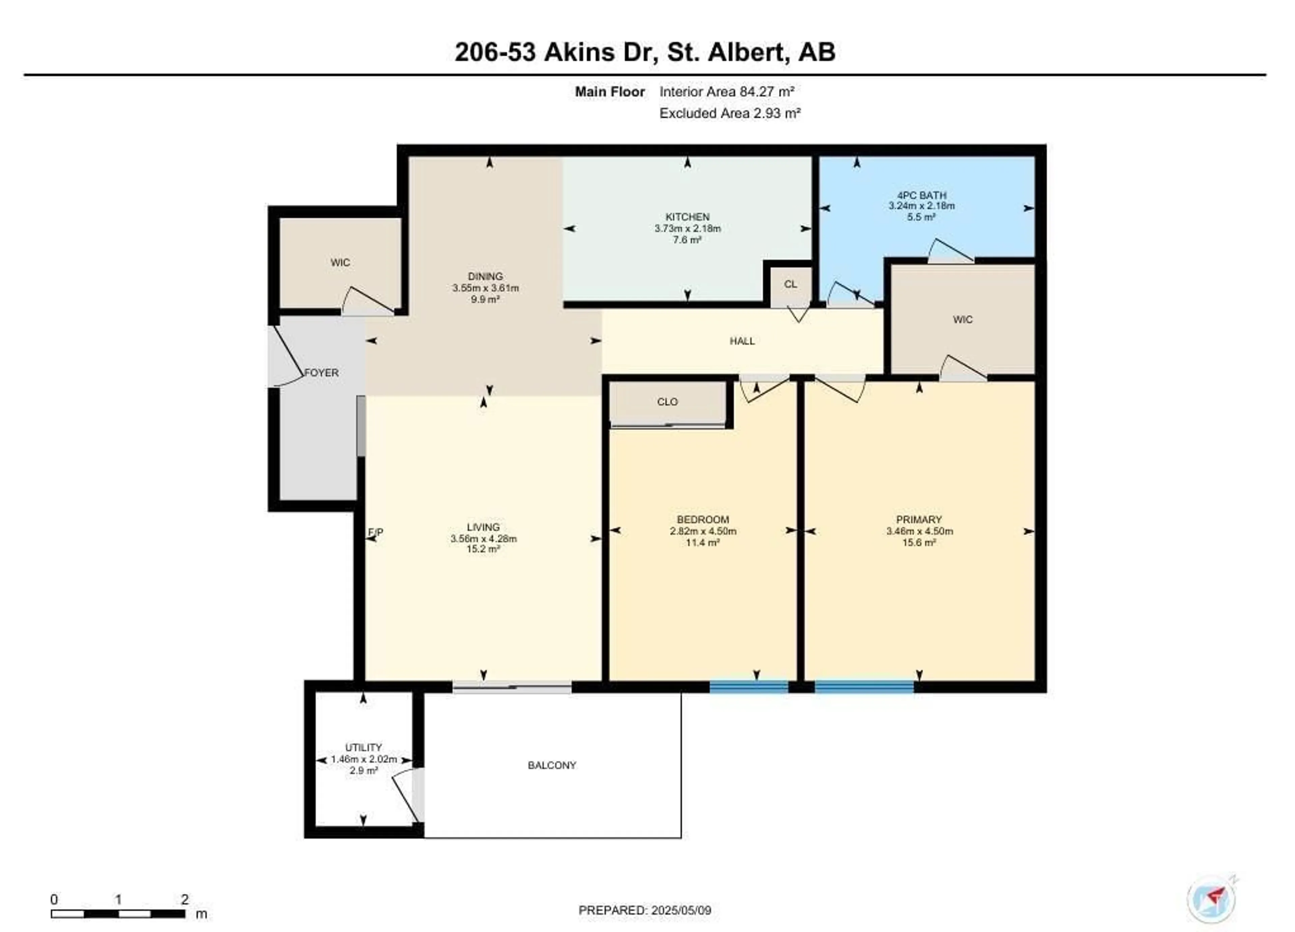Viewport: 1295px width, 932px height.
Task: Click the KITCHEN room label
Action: (688, 217)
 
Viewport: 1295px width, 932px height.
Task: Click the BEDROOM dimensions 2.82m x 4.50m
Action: (703, 531)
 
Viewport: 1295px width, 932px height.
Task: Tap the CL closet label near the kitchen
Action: (790, 284)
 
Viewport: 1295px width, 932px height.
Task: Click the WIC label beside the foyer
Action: (340, 263)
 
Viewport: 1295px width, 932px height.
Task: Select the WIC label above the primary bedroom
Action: (963, 320)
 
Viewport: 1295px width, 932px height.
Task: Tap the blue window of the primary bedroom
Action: (864, 687)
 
